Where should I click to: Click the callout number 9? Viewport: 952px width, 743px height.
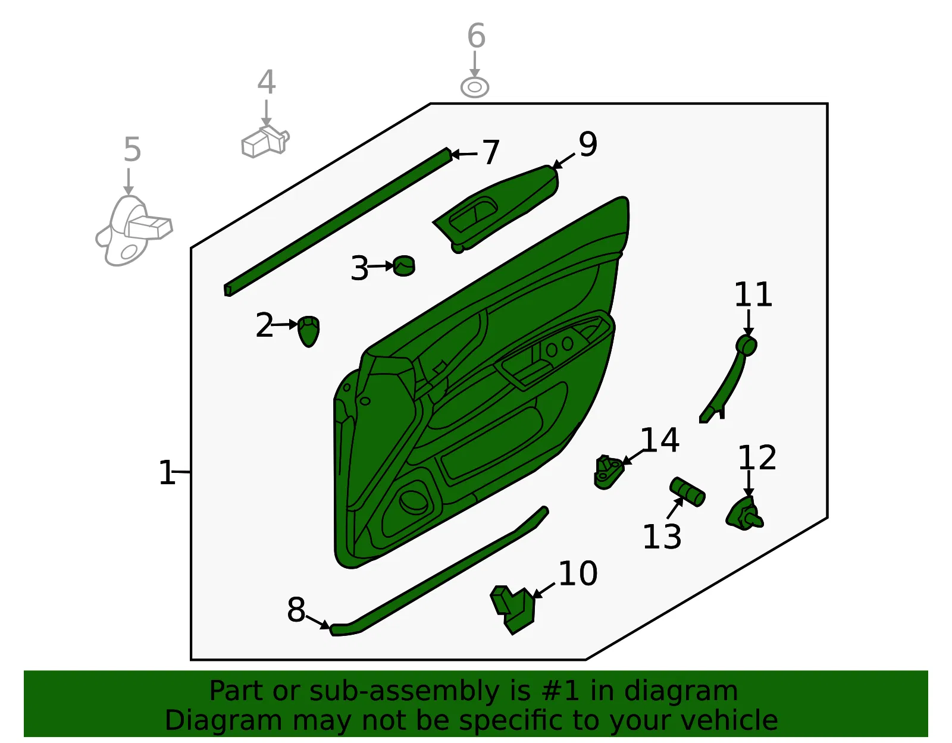pyautogui.click(x=587, y=144)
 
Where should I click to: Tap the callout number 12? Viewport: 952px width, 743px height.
pyautogui.click(x=757, y=458)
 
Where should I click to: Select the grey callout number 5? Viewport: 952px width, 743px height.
pyautogui.click(x=132, y=149)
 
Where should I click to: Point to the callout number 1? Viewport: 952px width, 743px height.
pyautogui.click(x=167, y=472)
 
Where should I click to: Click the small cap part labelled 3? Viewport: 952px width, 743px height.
pyautogui.click(x=404, y=266)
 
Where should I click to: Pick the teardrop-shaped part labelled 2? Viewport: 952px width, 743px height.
pyautogui.click(x=308, y=331)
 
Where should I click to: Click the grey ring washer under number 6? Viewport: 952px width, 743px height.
pyautogui.click(x=475, y=87)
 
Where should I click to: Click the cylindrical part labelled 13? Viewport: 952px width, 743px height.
pyautogui.click(x=687, y=492)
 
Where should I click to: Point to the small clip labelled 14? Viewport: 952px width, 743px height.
pyautogui.click(x=608, y=472)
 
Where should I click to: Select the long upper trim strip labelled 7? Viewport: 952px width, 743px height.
pyautogui.click(x=338, y=222)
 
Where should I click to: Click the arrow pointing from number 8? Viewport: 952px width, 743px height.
pyautogui.click(x=318, y=622)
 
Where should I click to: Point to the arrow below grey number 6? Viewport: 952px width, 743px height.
pyautogui.click(x=475, y=64)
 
